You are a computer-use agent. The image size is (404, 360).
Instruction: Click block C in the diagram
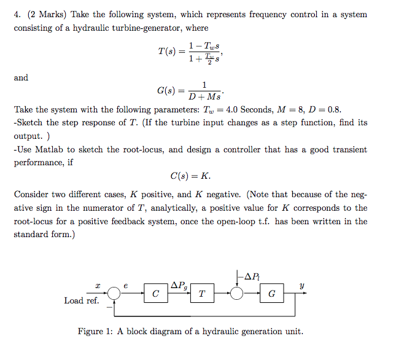pyautogui.click(x=155, y=295)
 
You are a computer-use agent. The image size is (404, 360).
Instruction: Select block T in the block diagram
pyautogui.click(x=201, y=295)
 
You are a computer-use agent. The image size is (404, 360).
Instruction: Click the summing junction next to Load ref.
pyautogui.click(x=113, y=295)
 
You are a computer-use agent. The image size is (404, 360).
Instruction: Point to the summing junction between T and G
pyautogui.click(x=238, y=295)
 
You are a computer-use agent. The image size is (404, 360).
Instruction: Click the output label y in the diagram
pyautogui.click(x=301, y=286)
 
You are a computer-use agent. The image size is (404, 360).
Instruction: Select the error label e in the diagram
pyautogui.click(x=126, y=286)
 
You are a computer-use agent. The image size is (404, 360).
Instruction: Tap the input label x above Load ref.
pyautogui.click(x=98, y=286)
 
